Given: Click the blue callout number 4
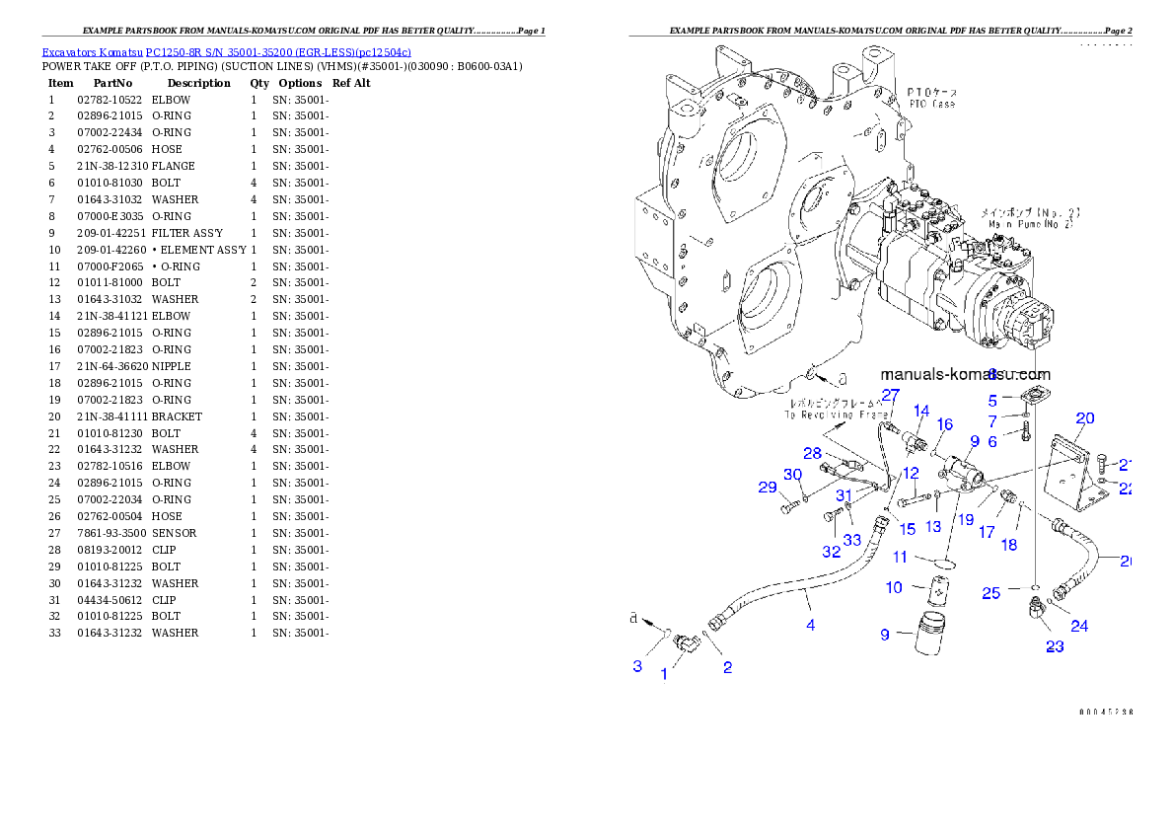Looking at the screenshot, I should pyautogui.click(x=810, y=624).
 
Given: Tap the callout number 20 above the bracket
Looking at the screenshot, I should pyautogui.click(x=1084, y=418).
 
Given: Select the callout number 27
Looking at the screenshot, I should pyautogui.click(x=890, y=395).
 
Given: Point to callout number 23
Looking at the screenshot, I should pyautogui.click(x=1055, y=647).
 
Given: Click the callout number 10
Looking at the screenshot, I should pyautogui.click(x=894, y=587).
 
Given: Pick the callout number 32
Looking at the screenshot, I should pyautogui.click(x=832, y=551).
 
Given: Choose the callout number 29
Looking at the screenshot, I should pyautogui.click(x=768, y=487).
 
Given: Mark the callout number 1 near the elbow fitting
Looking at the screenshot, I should pyautogui.click(x=664, y=674).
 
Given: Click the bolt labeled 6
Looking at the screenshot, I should pyautogui.click(x=1027, y=430).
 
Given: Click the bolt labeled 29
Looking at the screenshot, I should pyautogui.click(x=789, y=508).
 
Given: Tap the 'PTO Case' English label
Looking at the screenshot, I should pyautogui.click(x=931, y=104).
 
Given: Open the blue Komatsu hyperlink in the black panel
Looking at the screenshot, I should pyautogui.click(x=226, y=51).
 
